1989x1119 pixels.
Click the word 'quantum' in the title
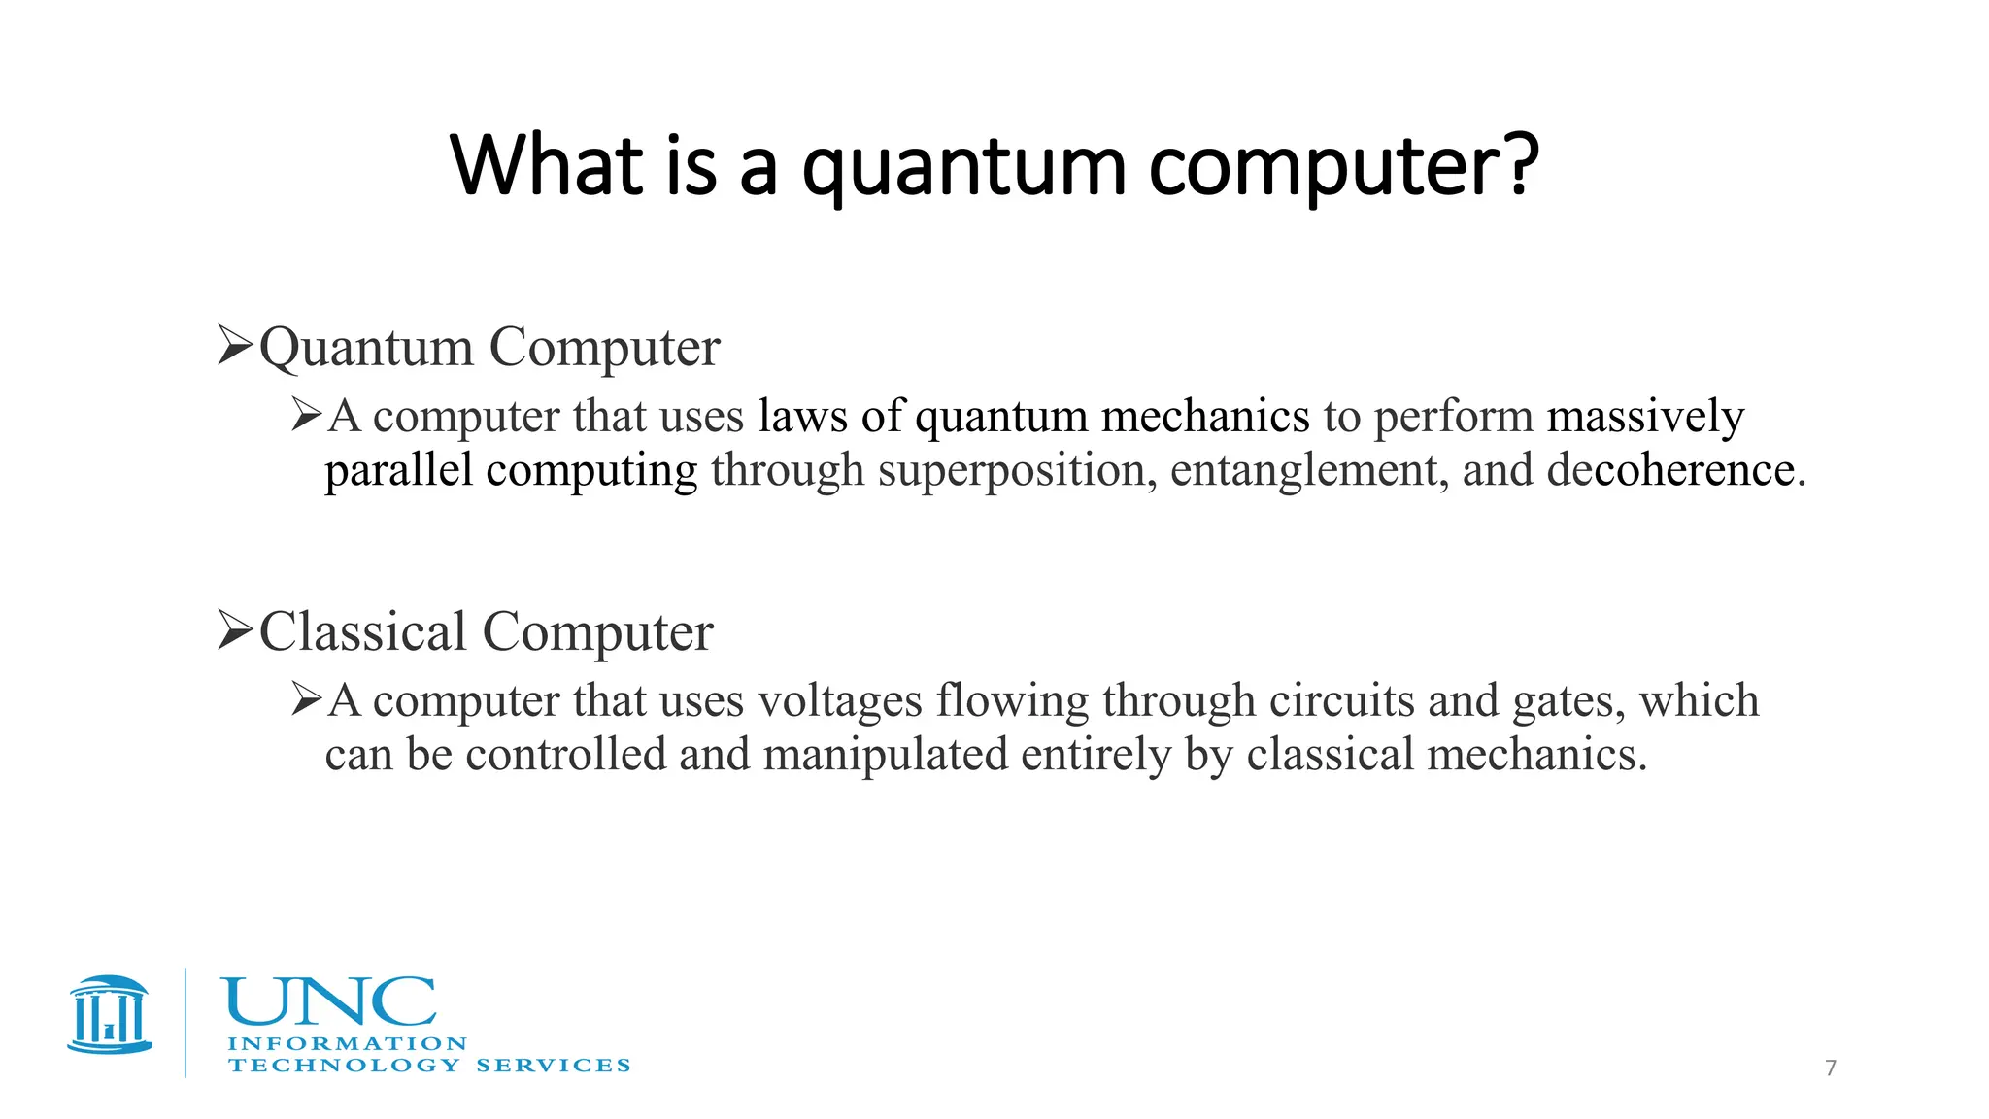(962, 170)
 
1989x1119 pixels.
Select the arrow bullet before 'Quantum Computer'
(235, 345)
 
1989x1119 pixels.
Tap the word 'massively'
(1645, 418)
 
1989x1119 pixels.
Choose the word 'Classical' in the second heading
(362, 631)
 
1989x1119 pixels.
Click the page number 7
(1831, 1068)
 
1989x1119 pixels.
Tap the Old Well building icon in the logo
(110, 1015)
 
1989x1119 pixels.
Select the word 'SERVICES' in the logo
(553, 1066)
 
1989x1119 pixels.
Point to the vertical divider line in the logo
(185, 1022)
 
